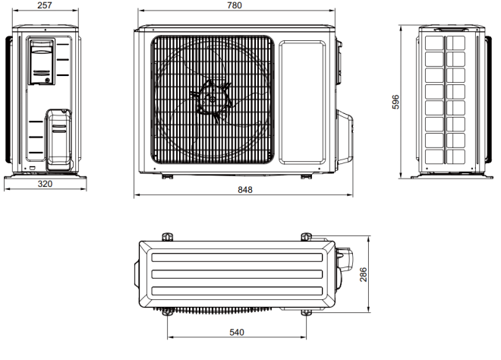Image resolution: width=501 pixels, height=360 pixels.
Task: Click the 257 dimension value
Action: (45, 5)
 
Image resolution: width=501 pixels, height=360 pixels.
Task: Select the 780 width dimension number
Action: (235, 5)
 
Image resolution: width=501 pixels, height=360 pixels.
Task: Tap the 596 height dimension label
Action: (395, 102)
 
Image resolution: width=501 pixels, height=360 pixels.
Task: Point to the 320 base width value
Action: (45, 184)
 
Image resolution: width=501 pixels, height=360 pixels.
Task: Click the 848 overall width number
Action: (245, 190)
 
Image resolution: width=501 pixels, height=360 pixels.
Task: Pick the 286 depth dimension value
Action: (364, 275)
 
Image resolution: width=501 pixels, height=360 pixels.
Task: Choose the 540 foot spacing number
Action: (237, 333)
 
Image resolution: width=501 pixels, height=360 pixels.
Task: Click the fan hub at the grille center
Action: (212, 99)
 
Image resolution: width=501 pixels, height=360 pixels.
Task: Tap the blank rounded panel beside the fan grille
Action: (302, 102)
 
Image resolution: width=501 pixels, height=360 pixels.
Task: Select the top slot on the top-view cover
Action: (237, 257)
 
